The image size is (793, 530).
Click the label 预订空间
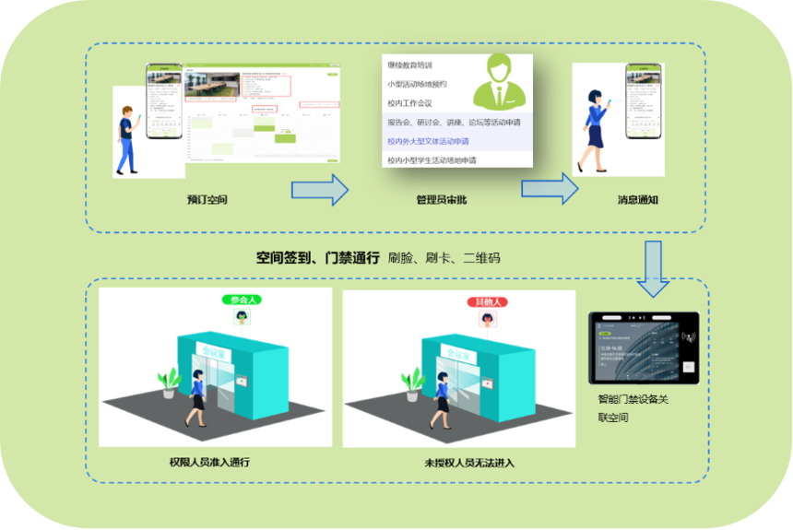(207, 199)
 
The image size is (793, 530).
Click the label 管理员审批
(441, 199)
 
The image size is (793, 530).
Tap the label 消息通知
(637, 199)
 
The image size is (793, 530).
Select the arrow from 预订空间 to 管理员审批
(319, 190)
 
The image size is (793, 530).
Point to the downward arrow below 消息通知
(654, 269)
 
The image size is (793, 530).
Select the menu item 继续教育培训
(415, 65)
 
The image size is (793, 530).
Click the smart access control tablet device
(645, 347)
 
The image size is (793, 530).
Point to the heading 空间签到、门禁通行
(318, 259)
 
